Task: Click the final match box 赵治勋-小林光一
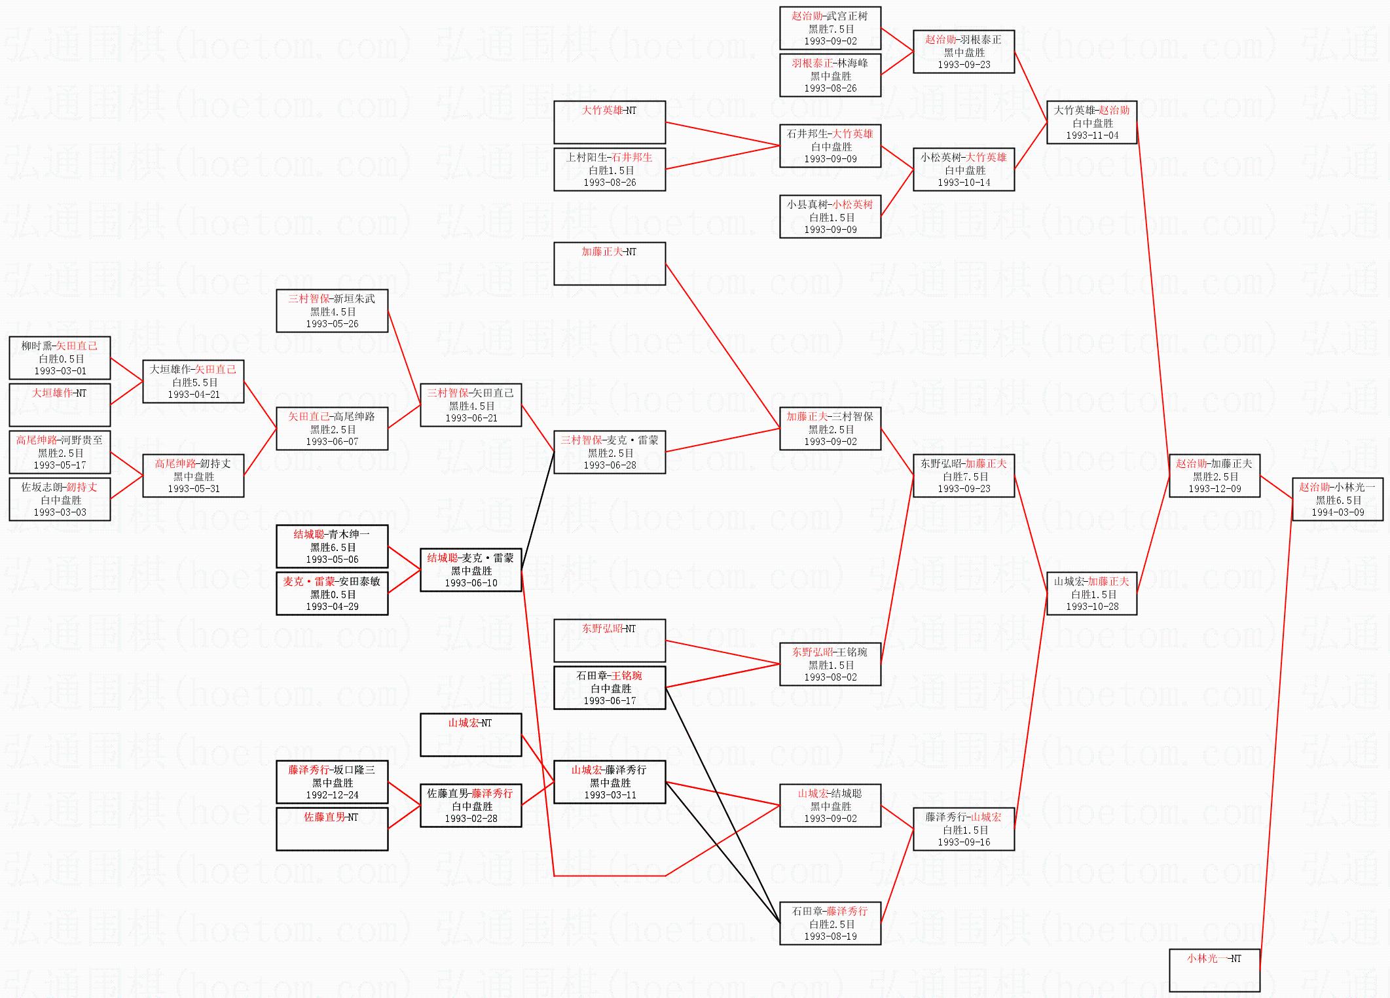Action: coord(1337,499)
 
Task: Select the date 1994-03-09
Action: coord(1338,512)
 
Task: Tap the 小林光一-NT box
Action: coord(1214,970)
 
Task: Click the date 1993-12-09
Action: coord(1215,489)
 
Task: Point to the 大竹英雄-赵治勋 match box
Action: coord(1091,122)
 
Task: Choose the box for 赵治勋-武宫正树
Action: coord(830,28)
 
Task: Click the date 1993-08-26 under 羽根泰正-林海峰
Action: coord(830,88)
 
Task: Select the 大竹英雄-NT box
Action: coord(610,122)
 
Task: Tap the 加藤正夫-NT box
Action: coord(610,264)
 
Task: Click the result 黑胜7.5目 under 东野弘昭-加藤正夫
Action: coord(964,476)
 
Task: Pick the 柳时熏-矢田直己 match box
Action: coord(60,358)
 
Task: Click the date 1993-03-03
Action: coord(60,512)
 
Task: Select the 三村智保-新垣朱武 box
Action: coord(332,311)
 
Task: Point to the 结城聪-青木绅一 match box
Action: coord(332,546)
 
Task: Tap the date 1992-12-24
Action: coord(332,795)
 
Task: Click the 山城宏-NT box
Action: coord(471,735)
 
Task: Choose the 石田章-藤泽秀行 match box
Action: coord(830,923)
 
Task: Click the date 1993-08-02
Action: coord(830,677)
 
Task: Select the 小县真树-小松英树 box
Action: coord(830,217)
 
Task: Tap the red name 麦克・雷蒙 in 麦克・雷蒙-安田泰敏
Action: coord(309,582)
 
